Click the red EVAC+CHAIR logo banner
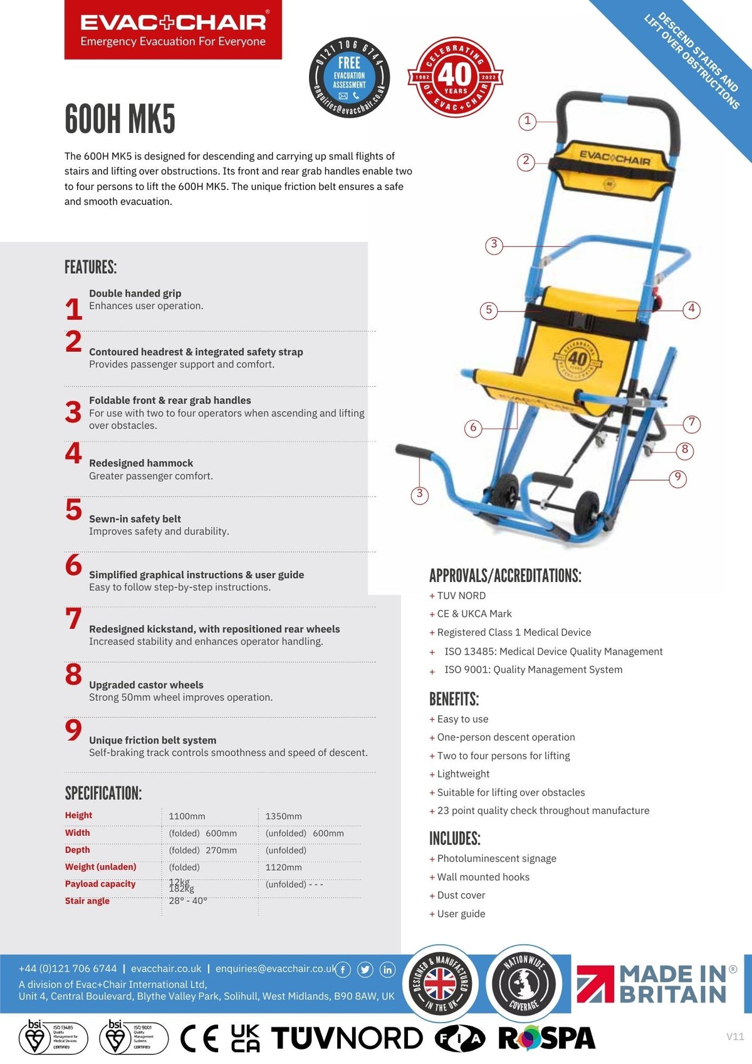pos(173,30)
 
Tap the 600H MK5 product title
pos(120,119)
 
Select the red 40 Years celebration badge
pos(455,77)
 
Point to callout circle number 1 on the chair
pos(527,120)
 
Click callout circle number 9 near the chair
pos(677,478)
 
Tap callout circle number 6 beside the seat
pos(473,428)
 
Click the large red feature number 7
pos(73,619)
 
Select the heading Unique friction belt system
pos(152,740)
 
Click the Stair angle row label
pos(87,900)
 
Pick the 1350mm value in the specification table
pos(283,816)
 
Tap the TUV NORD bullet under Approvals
pos(461,596)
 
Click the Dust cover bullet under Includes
pos(461,895)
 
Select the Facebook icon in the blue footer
pos(343,970)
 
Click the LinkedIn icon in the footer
pos(387,970)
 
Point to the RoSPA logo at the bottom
pos(546,1038)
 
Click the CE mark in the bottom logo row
pos(199,1038)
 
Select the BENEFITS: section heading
pos(454,699)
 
